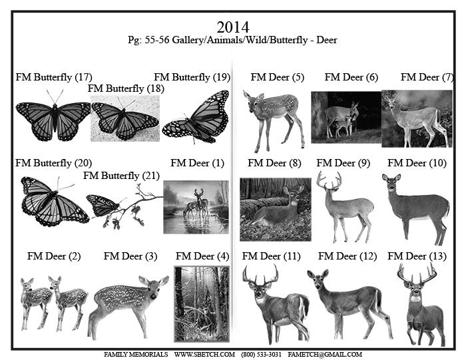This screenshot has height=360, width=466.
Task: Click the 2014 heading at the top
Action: point(232,27)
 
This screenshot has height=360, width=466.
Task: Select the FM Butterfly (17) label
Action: point(53,77)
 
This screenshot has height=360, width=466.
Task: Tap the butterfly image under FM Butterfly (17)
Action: point(53,120)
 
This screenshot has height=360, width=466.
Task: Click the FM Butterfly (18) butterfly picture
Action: point(125,118)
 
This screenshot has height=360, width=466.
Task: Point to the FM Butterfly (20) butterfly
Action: point(53,200)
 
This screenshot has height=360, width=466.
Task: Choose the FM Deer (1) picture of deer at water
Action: point(196,207)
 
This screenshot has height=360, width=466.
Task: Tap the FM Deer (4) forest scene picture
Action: point(201,303)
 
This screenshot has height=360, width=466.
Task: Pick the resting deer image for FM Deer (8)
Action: point(275,209)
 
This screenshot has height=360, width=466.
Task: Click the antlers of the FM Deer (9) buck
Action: point(328,180)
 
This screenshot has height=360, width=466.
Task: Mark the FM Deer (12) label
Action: point(345,256)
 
